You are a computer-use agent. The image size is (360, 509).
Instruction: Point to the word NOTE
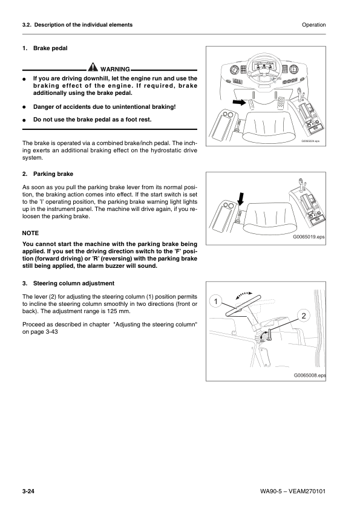[30, 232]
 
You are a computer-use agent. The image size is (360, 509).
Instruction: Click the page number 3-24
[25, 494]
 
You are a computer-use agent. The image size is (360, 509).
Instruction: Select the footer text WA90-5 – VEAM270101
[287, 494]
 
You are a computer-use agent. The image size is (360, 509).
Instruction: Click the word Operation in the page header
[313, 25]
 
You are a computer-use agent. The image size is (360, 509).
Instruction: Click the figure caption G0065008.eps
[309, 375]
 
